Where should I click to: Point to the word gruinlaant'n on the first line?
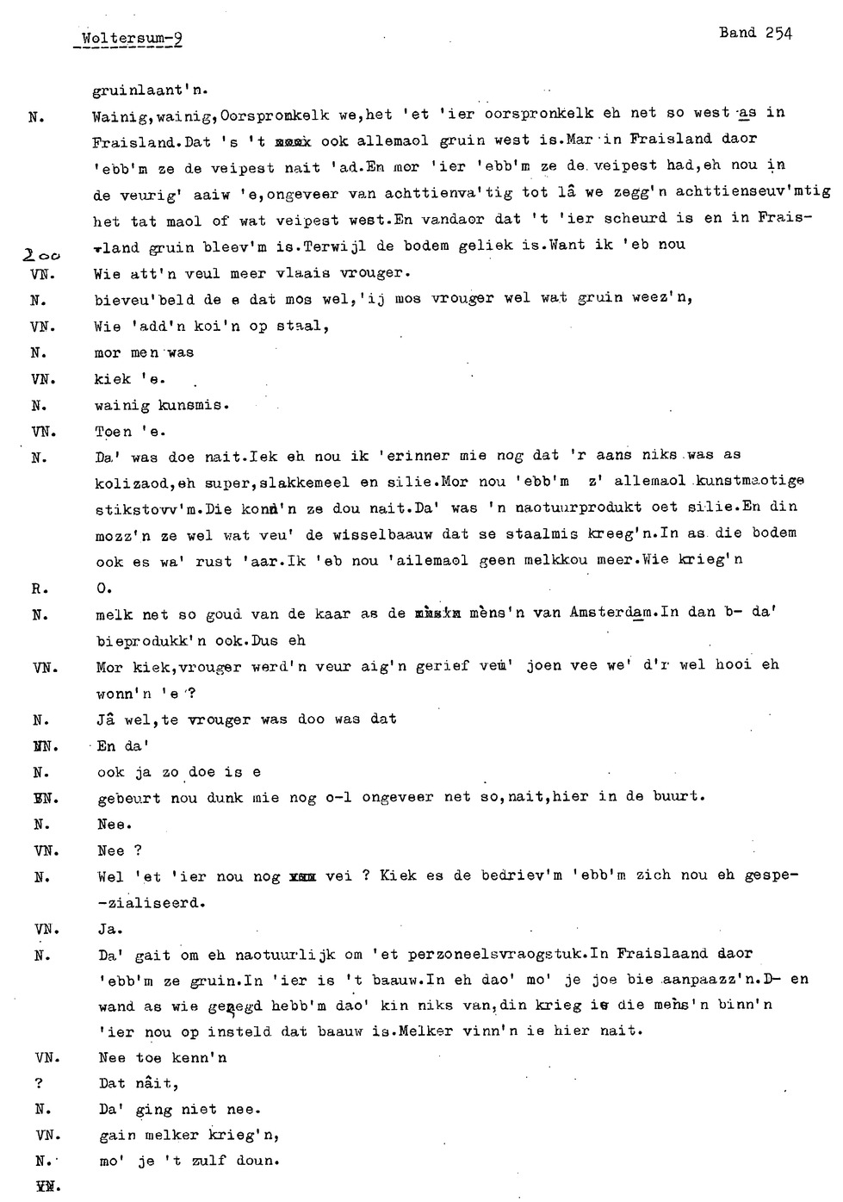[150, 89]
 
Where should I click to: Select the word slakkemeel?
[298, 483]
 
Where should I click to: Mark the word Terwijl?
[334, 246]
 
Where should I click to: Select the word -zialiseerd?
[152, 903]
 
